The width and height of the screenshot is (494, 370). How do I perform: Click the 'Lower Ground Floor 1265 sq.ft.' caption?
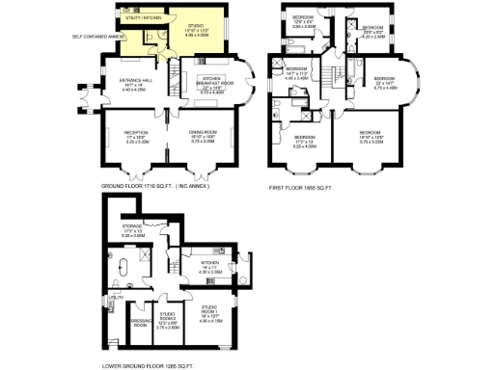[x=149, y=365]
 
